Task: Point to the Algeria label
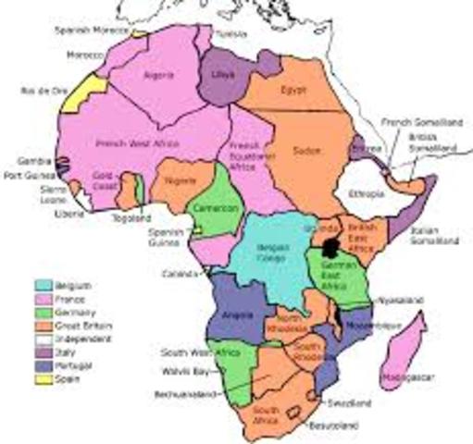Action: point(159,77)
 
